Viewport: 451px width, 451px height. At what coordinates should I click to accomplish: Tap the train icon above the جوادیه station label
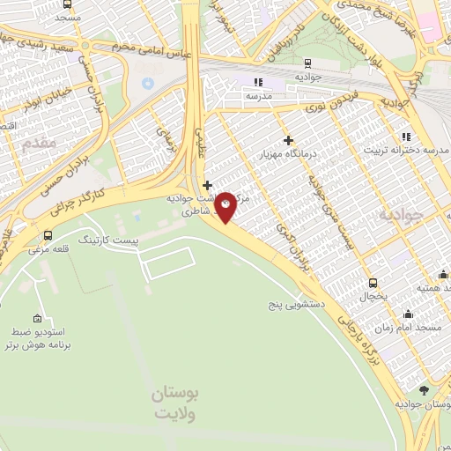click(x=307, y=63)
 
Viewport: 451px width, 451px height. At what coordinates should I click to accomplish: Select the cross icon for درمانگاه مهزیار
click(x=288, y=139)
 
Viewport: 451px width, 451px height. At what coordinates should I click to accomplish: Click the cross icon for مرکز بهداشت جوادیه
click(x=207, y=185)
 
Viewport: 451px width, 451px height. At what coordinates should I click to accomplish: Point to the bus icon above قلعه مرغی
click(x=46, y=236)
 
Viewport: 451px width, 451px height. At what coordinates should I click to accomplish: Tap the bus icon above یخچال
click(x=373, y=283)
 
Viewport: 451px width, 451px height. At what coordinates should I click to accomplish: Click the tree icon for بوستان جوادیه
click(x=424, y=389)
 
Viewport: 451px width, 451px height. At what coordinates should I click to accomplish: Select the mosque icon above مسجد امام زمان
click(x=408, y=313)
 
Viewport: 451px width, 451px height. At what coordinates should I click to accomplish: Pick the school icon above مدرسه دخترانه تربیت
click(x=406, y=137)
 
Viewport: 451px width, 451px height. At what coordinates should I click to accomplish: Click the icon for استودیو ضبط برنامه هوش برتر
click(x=36, y=319)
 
